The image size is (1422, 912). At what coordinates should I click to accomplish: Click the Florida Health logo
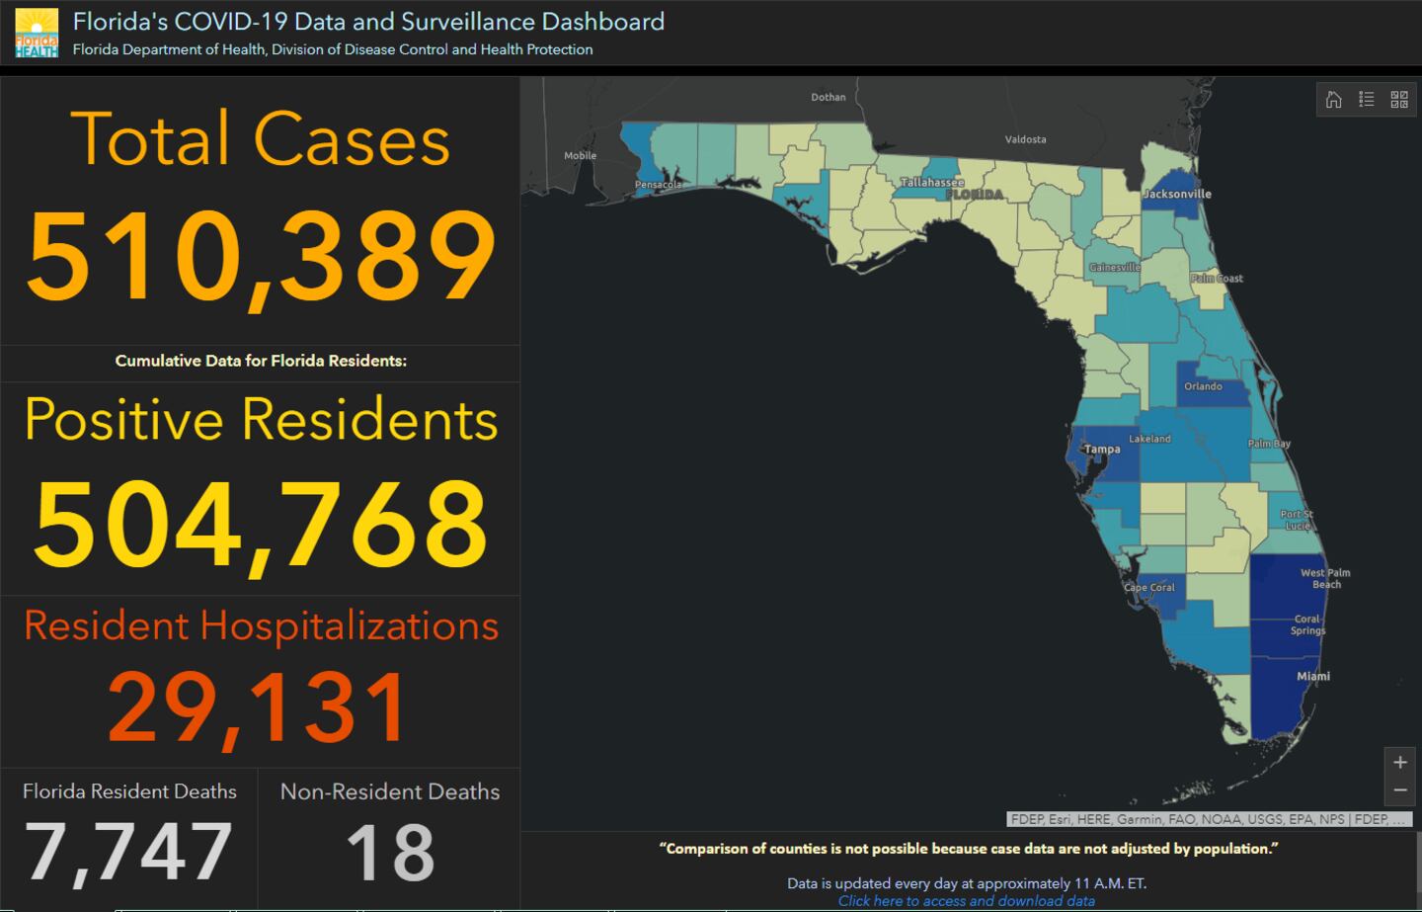pyautogui.click(x=37, y=33)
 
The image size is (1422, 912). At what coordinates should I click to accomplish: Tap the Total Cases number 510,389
pyautogui.click(x=261, y=257)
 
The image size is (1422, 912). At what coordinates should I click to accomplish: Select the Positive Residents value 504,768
pyautogui.click(x=261, y=524)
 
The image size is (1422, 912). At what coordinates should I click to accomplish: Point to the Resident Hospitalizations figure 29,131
pyautogui.click(x=258, y=706)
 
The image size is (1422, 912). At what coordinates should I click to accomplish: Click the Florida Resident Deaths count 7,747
pyautogui.click(x=128, y=852)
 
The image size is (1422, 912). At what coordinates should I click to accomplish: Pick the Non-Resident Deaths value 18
pyautogui.click(x=390, y=852)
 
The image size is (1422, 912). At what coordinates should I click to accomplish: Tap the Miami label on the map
pyautogui.click(x=1312, y=677)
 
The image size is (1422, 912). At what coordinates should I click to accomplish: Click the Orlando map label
pyautogui.click(x=1203, y=386)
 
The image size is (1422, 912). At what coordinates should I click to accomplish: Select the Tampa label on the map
pyautogui.click(x=1102, y=450)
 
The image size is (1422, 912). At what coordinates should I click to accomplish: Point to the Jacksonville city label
pyautogui.click(x=1177, y=194)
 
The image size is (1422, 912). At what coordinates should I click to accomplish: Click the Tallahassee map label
pyautogui.click(x=932, y=183)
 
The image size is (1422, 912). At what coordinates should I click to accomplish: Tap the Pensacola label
pyautogui.click(x=658, y=185)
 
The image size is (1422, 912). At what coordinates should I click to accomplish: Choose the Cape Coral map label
pyautogui.click(x=1149, y=587)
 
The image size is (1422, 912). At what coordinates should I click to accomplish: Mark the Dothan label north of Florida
pyautogui.click(x=829, y=97)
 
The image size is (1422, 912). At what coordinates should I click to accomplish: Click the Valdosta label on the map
pyautogui.click(x=1025, y=139)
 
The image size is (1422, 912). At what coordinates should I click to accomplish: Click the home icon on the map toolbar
pyautogui.click(x=1333, y=99)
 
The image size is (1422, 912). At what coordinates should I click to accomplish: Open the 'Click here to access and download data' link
pyautogui.click(x=966, y=900)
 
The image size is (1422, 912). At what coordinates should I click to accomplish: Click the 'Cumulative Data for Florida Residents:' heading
pyautogui.click(x=261, y=361)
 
